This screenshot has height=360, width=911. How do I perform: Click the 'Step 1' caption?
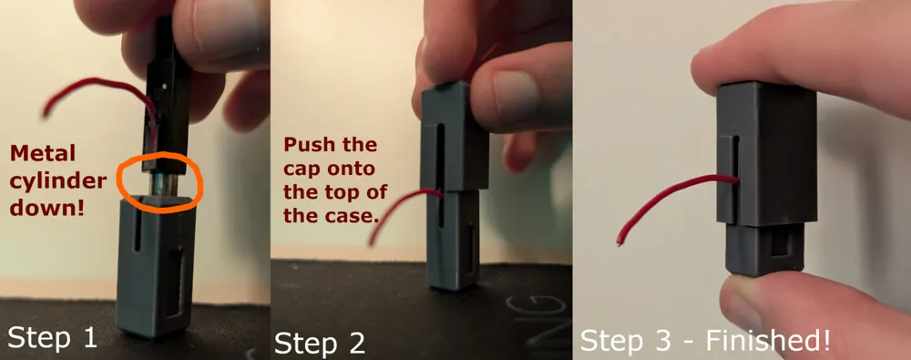52,338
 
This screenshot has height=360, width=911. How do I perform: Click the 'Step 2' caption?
320,343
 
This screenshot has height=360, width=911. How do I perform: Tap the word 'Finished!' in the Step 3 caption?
768,340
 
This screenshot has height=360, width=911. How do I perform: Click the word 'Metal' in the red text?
43,153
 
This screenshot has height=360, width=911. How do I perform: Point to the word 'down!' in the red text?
47,208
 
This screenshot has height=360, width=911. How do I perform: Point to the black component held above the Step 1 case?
167,98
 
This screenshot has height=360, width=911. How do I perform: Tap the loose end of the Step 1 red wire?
46,112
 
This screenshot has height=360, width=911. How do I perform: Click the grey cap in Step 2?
454,137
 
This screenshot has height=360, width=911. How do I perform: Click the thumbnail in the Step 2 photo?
514,92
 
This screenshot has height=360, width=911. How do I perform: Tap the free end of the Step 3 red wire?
619,241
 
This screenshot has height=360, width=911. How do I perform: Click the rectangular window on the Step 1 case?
174,286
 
